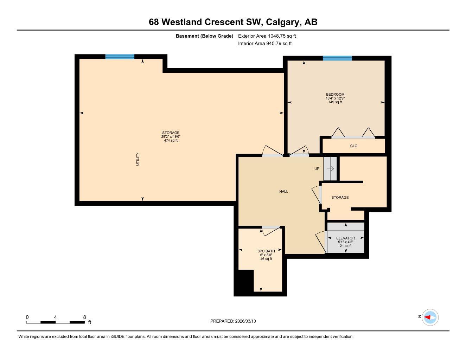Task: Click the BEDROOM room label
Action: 335,94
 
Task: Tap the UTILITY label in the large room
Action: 138,159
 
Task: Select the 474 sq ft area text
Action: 171,141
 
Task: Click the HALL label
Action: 283,192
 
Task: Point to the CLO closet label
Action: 353,146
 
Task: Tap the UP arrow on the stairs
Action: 330,169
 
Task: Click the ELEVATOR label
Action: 345,238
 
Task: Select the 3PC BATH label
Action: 266,251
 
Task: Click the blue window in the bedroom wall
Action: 337,58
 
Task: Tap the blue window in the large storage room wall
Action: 120,57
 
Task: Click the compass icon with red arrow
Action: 430,317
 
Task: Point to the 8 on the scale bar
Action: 84,317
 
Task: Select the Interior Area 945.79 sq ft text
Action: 265,44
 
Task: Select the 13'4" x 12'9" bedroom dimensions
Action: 335,98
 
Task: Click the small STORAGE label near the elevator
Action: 340,198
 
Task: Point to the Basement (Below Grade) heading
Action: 204,36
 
